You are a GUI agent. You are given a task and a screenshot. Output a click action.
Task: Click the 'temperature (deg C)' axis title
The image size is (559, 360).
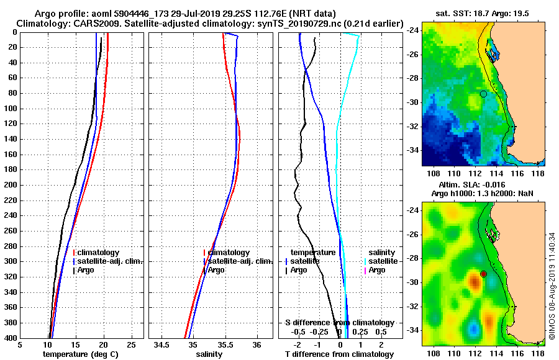80,354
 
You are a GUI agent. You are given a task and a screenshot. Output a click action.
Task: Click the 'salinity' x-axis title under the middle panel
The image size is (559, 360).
209,354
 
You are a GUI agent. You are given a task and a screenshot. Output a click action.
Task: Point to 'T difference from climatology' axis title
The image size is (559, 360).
339,354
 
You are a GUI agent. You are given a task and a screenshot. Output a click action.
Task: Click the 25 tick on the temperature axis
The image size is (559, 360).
131,344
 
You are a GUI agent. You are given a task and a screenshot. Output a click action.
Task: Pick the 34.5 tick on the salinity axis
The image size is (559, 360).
163,344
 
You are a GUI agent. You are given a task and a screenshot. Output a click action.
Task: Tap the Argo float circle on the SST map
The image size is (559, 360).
483,94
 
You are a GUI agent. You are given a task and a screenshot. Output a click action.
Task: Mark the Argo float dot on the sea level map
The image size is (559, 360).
483,274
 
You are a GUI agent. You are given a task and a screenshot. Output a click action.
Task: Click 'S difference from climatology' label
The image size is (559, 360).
339,323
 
